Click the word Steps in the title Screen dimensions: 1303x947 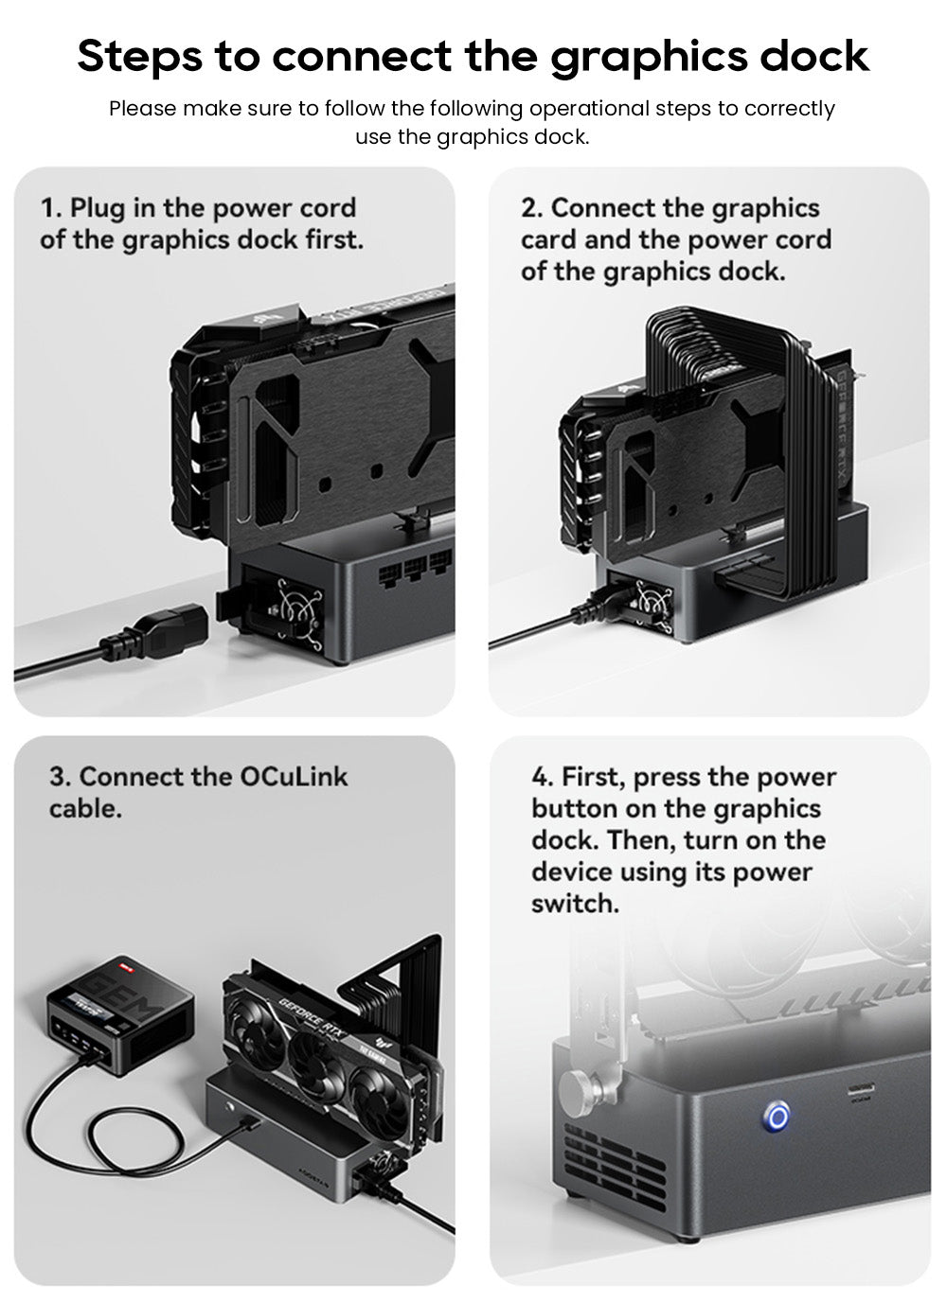pos(139,57)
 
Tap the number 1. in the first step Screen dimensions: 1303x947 pos(51,208)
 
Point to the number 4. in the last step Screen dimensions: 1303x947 pos(542,778)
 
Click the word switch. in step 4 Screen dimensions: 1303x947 pos(574,904)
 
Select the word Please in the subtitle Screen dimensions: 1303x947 pos(142,109)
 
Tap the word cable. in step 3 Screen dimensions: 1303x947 pos(85,809)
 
